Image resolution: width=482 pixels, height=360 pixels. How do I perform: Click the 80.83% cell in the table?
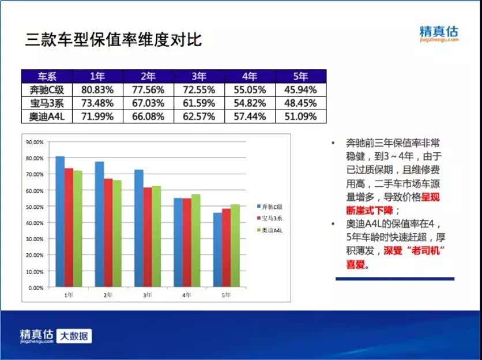pyautogui.click(x=97, y=90)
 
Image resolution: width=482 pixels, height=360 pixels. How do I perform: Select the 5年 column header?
pyautogui.click(x=300, y=76)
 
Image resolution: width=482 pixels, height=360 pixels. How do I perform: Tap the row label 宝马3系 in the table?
pyautogui.click(x=47, y=103)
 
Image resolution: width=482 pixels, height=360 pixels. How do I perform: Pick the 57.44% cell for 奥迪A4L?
pyautogui.click(x=250, y=117)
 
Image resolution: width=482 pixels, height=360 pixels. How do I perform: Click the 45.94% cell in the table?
pyautogui.click(x=300, y=90)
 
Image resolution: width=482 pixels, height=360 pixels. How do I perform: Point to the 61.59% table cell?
pyautogui.click(x=199, y=103)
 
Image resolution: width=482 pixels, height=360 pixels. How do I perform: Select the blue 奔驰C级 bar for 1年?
pyautogui.click(x=60, y=222)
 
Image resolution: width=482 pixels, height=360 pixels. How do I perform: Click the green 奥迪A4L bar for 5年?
pyautogui.click(x=235, y=246)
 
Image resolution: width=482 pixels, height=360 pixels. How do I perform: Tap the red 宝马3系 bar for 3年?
pyautogui.click(x=148, y=237)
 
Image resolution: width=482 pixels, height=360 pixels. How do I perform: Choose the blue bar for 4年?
pyautogui.click(x=178, y=242)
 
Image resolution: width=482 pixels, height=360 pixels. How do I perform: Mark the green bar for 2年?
pyautogui.click(x=117, y=234)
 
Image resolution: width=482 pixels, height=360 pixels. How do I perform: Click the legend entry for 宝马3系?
pyautogui.click(x=270, y=218)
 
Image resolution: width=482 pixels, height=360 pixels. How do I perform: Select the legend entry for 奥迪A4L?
pyautogui.click(x=270, y=230)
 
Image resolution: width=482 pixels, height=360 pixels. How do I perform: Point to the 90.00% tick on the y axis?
pyautogui.click(x=35, y=142)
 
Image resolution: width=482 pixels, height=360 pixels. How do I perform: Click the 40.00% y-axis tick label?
pyautogui.click(x=35, y=223)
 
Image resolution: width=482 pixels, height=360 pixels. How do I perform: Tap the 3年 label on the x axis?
pyautogui.click(x=148, y=295)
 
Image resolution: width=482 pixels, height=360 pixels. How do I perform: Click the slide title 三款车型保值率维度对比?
pyautogui.click(x=114, y=39)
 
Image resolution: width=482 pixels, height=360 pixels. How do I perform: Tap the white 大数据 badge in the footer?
pyautogui.click(x=74, y=336)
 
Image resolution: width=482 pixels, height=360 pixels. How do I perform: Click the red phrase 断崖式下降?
pyautogui.click(x=369, y=211)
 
